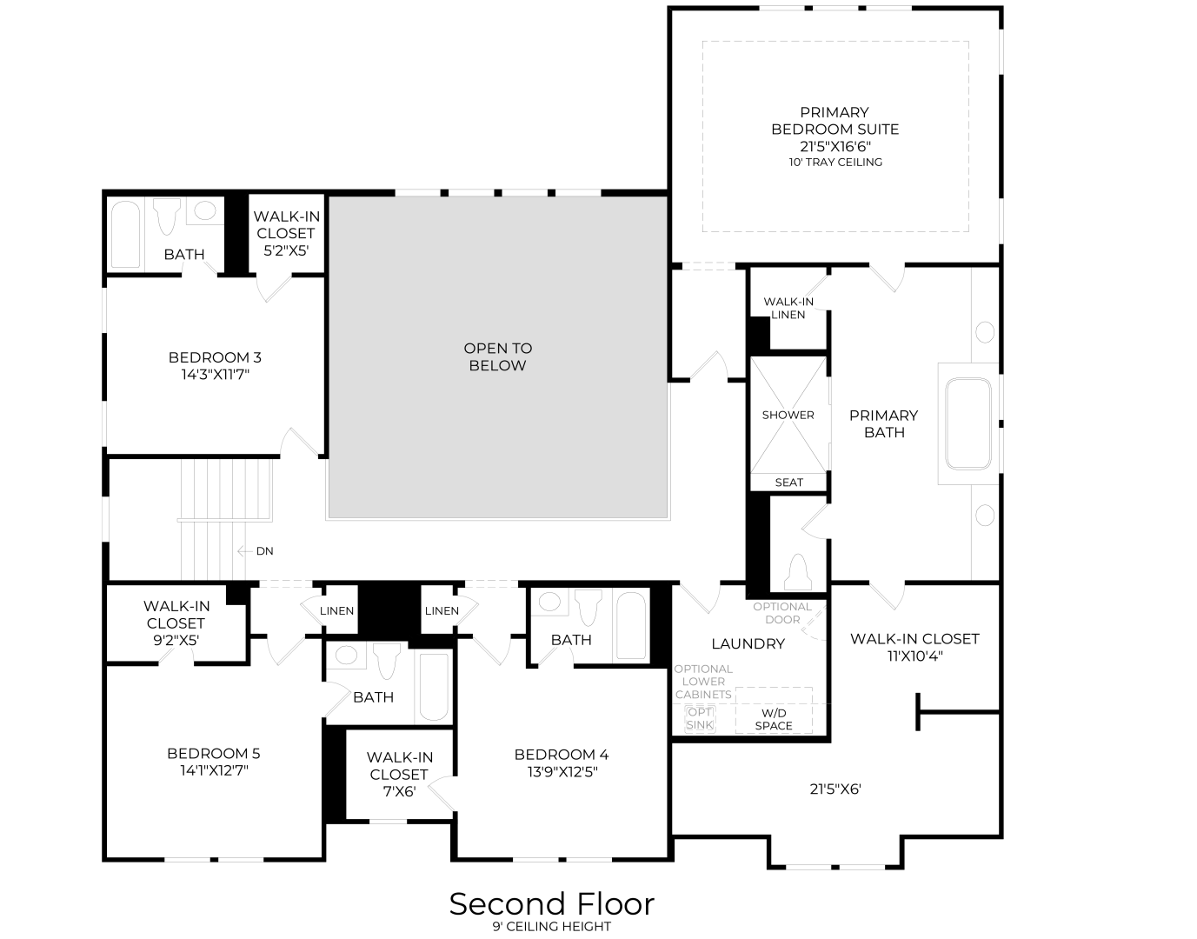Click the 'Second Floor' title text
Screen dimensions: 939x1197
point(551,904)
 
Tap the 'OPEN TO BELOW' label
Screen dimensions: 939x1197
point(497,356)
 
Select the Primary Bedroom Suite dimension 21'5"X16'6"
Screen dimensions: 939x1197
point(835,146)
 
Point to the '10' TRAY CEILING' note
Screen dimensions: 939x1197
point(835,162)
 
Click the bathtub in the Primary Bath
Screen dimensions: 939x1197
point(968,423)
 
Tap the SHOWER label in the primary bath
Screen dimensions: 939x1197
point(788,415)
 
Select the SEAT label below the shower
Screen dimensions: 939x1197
point(788,483)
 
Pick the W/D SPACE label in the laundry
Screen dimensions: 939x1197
point(773,719)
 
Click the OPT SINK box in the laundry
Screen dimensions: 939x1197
point(700,718)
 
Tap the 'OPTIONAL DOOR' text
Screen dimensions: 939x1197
point(782,613)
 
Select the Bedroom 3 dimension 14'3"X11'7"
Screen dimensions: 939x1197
point(214,375)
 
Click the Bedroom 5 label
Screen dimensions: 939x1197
point(213,754)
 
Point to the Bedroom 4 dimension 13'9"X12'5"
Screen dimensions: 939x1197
point(562,771)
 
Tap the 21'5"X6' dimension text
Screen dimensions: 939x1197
point(835,789)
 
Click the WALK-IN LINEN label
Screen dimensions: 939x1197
point(788,308)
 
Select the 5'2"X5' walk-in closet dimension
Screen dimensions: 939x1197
point(283,250)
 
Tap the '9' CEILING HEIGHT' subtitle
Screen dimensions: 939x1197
point(551,927)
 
